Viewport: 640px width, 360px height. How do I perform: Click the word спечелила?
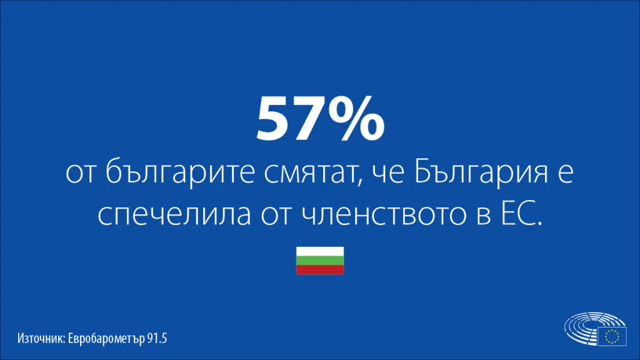[x=174, y=214]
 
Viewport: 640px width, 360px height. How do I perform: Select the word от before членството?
[x=276, y=216]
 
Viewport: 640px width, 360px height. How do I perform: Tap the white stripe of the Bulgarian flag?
[x=320, y=251]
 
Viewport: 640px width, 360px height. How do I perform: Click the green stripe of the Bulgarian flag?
[x=320, y=261]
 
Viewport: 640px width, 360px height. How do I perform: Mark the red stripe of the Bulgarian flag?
[x=320, y=270]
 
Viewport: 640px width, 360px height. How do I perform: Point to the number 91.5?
[x=157, y=338]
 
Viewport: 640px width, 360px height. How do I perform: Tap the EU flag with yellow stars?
[x=612, y=337]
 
